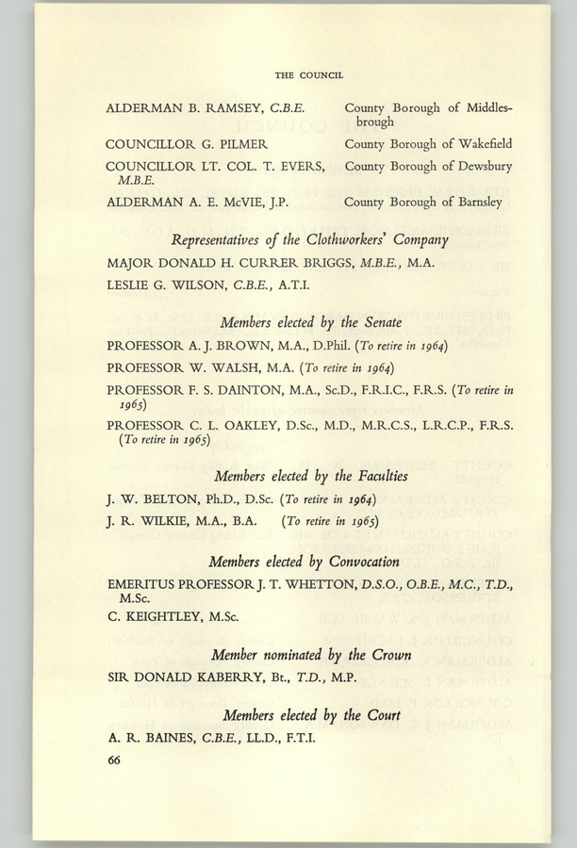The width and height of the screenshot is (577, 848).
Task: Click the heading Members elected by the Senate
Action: click(307, 323)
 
